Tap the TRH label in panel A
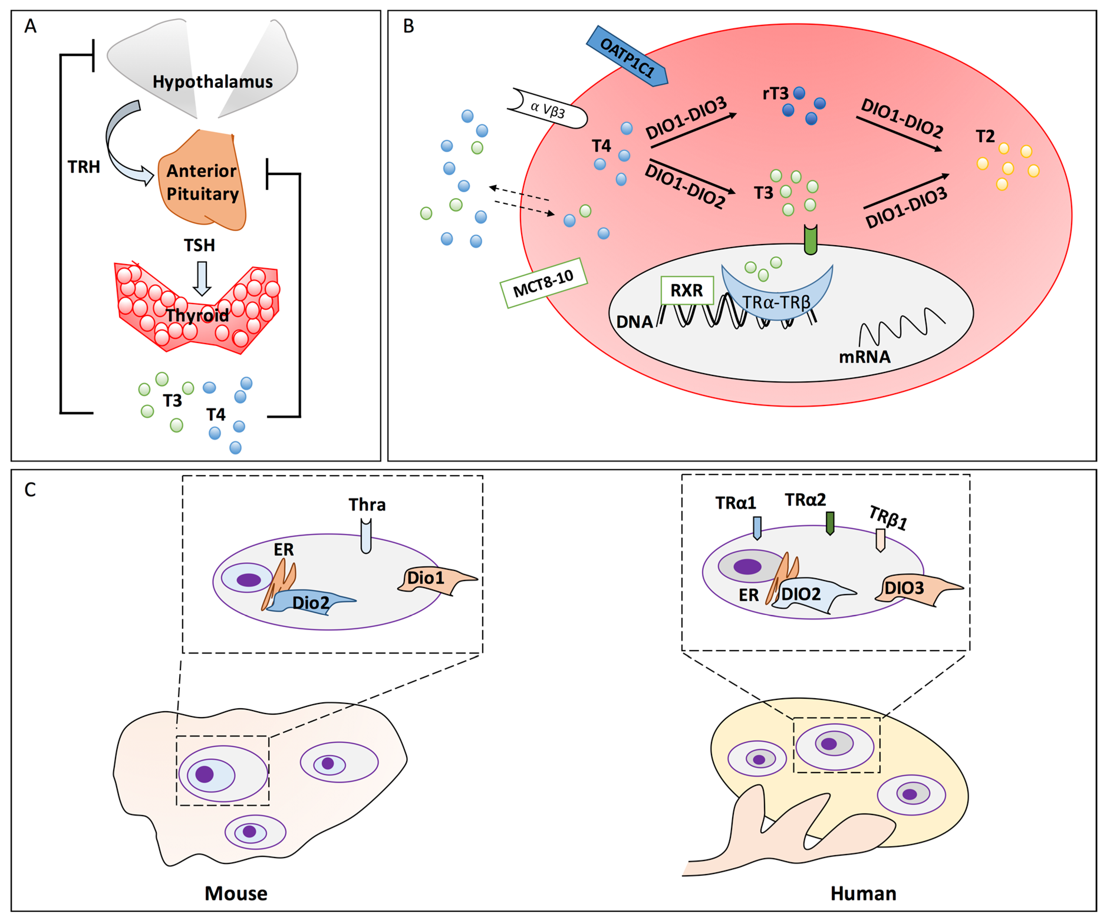tap(83, 167)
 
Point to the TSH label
tap(199, 245)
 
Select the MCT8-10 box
tap(544, 283)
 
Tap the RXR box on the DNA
tap(687, 290)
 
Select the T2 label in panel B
tap(985, 136)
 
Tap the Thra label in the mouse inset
tap(367, 505)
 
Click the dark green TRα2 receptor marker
tap(830, 523)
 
